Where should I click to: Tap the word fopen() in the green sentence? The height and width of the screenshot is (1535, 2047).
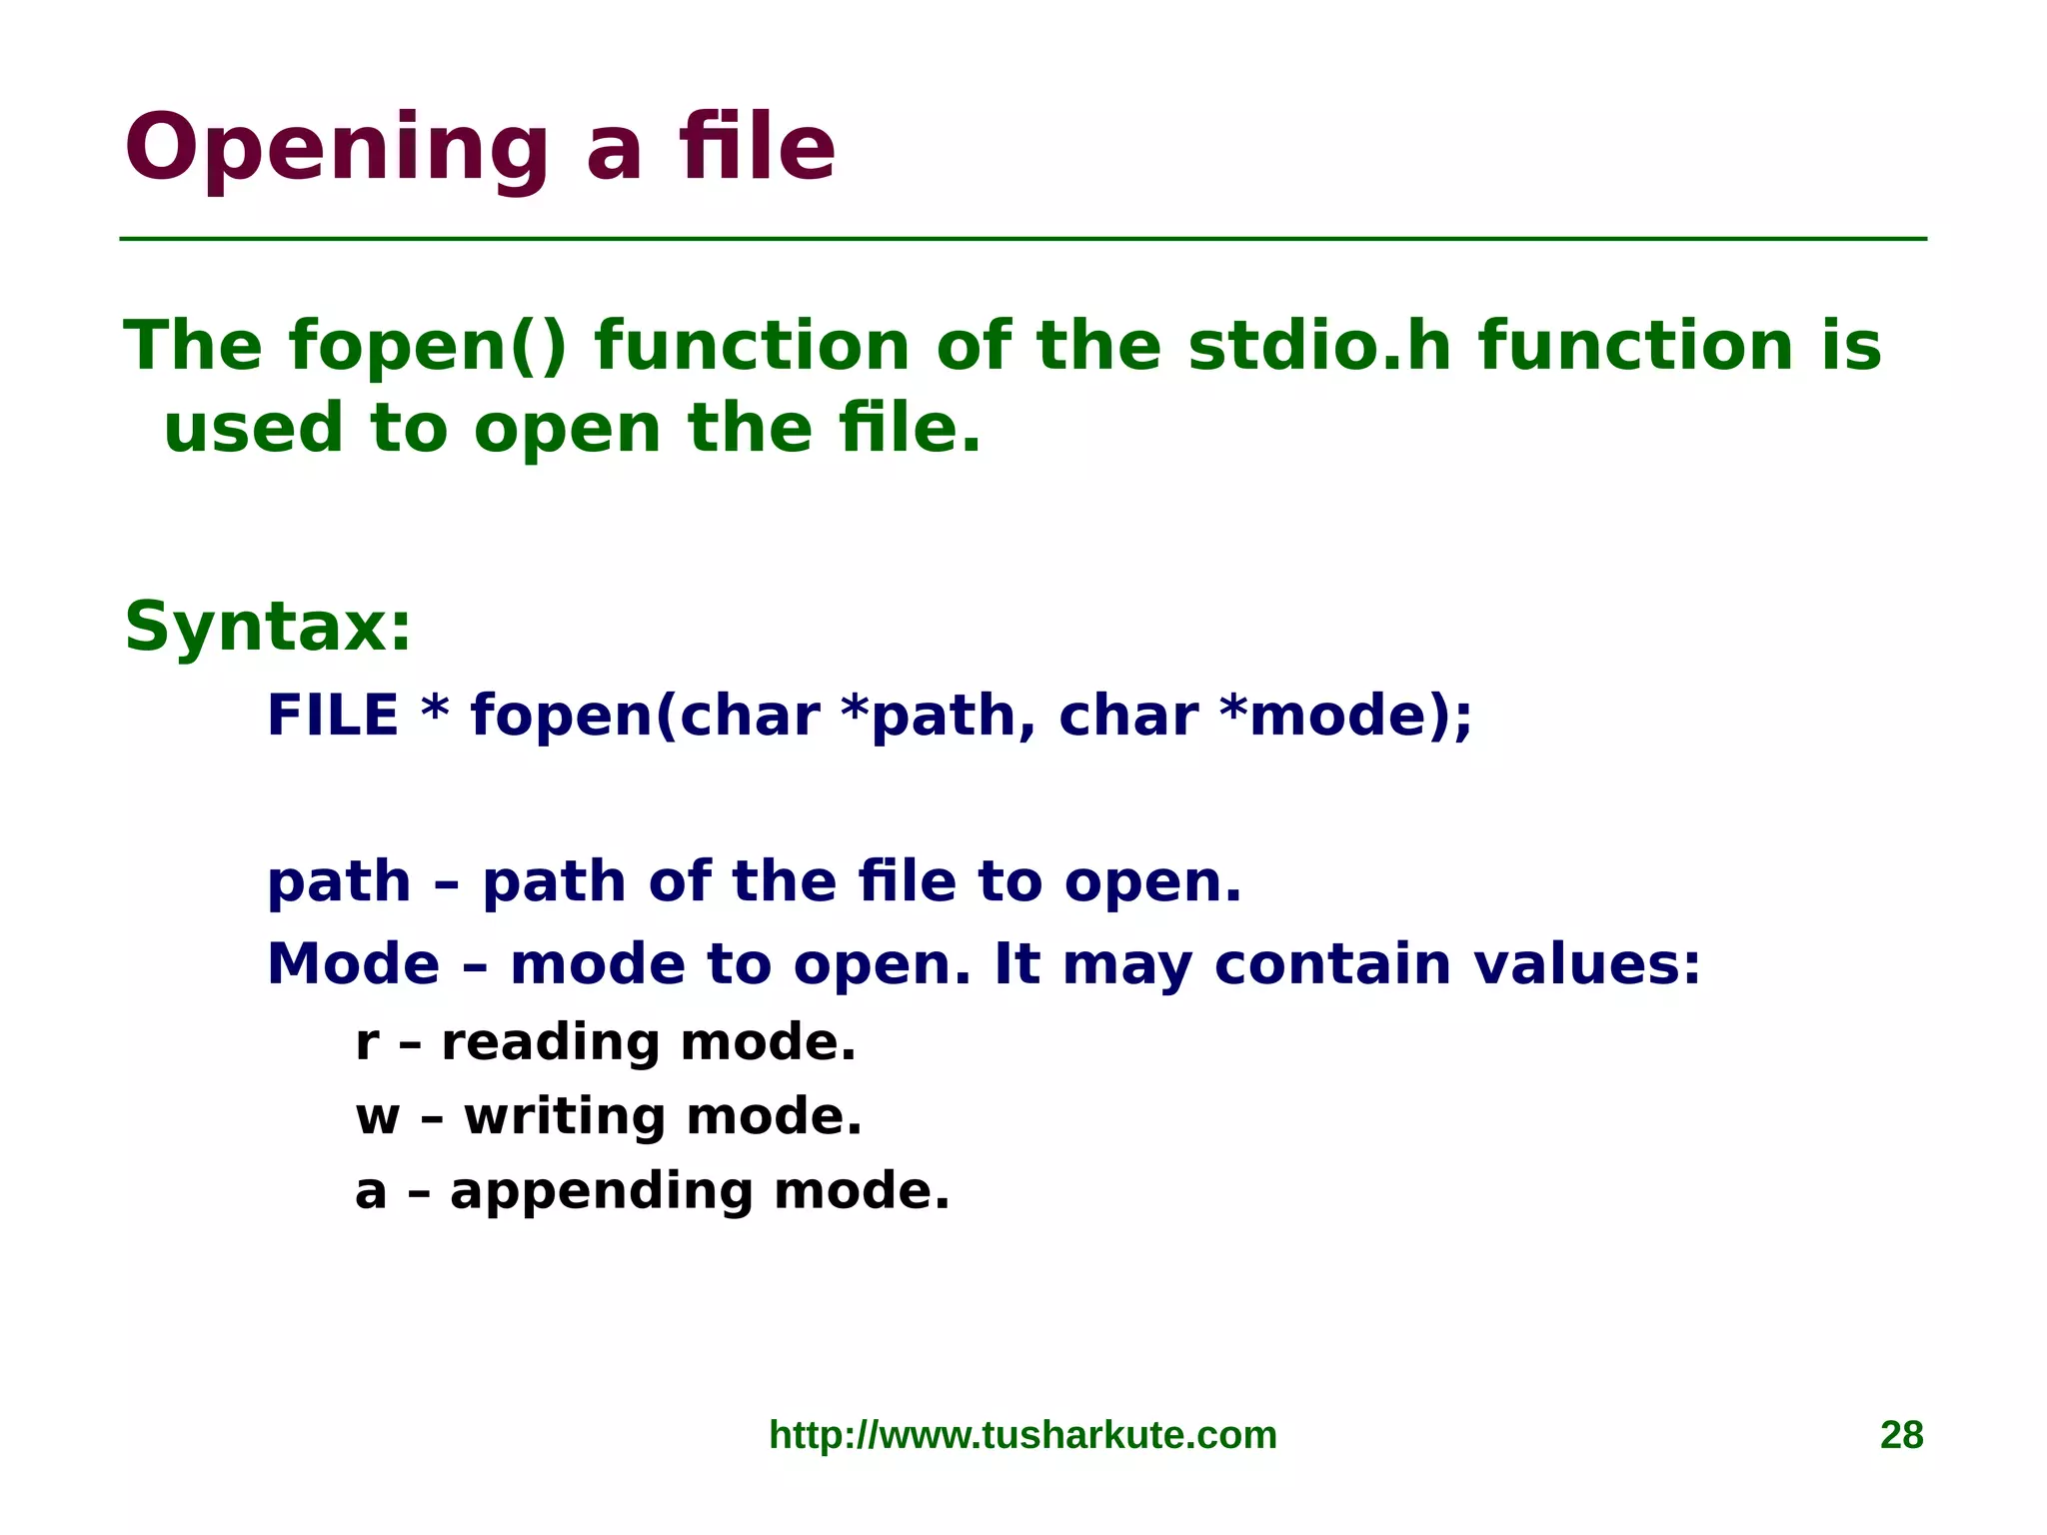[428, 346]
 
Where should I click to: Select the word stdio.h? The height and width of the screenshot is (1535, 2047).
[1318, 346]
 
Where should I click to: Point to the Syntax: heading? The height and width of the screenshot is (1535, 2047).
[268, 628]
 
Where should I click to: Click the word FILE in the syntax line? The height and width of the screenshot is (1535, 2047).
[333, 716]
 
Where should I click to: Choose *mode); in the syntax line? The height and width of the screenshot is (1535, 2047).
[1345, 718]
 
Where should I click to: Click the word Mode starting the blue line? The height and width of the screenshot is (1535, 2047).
[353, 964]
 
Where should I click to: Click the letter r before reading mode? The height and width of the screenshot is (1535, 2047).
[367, 1044]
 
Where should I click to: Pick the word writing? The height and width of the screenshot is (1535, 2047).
[565, 1117]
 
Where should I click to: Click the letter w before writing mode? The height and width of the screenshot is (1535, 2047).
[378, 1118]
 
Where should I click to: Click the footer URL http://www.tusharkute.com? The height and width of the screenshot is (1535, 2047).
[1023, 1435]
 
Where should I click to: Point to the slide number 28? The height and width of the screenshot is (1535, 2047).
[1901, 1435]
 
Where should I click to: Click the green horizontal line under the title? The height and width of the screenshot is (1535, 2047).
[1023, 239]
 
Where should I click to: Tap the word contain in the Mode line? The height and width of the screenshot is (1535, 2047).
[1332, 964]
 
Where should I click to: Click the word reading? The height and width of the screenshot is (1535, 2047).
[551, 1043]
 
